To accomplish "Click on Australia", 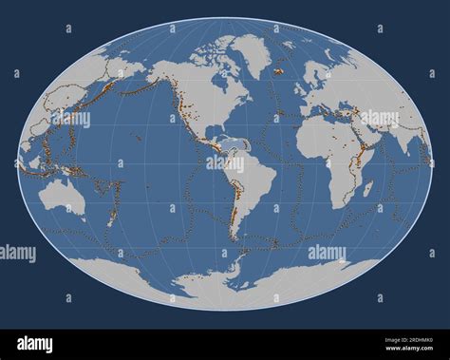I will coord(65,198).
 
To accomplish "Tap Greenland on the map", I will coord(251,53).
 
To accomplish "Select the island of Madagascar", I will coord(367,189).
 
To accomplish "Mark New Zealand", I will coord(112,216).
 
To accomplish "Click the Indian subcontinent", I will coord(407,139).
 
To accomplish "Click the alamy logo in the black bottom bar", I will coord(36,343).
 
